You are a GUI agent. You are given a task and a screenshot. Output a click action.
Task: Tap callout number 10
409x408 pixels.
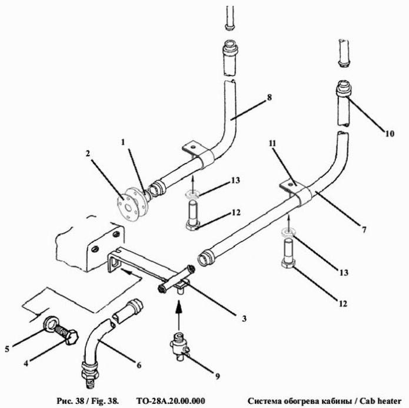pos(390,134)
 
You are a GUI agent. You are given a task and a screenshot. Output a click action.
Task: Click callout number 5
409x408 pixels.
pos(8,348)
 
